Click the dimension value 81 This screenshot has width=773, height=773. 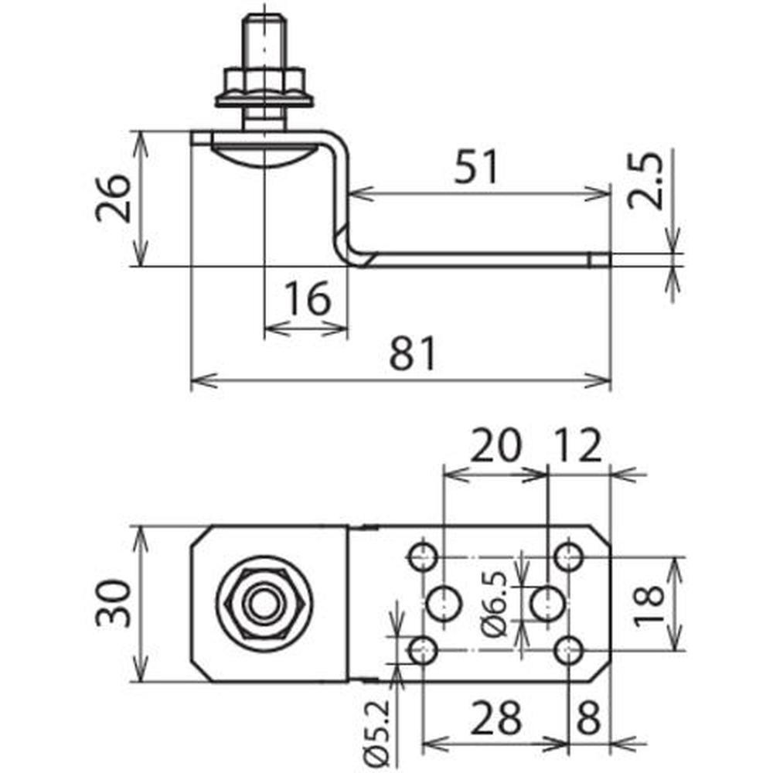coord(413,353)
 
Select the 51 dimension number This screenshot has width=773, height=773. coord(475,167)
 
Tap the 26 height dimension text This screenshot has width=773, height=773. coord(114,198)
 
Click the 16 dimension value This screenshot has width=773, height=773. coord(308,298)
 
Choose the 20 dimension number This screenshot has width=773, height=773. coord(495,445)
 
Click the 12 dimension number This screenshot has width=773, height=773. coord(578,445)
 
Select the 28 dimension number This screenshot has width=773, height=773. coord(495,717)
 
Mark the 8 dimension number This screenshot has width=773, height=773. coord(588,717)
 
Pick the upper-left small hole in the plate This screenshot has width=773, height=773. coord(424,556)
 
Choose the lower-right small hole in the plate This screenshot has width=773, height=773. coord(568,651)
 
